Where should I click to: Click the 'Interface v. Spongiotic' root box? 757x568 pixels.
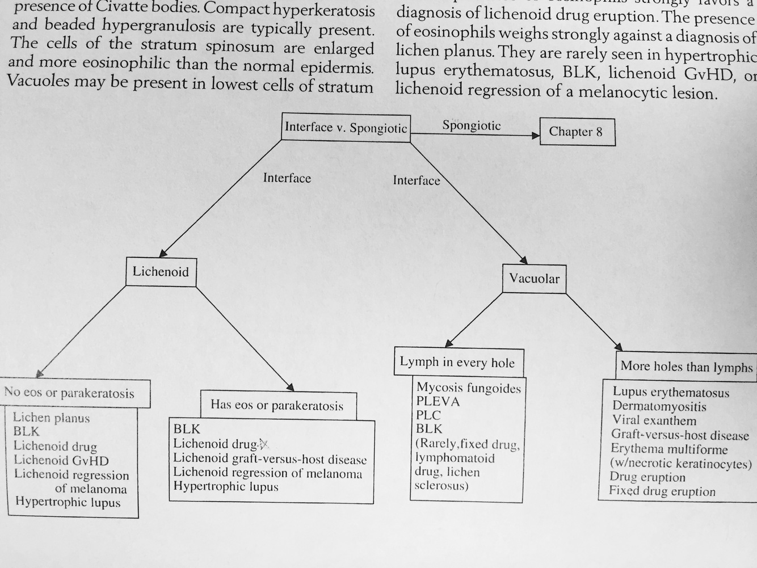pyautogui.click(x=346, y=127)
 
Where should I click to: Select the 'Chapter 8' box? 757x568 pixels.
pyautogui.click(x=576, y=132)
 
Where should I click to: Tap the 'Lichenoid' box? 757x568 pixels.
pyautogui.click(x=161, y=271)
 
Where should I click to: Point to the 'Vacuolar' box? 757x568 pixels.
pyautogui.click(x=534, y=279)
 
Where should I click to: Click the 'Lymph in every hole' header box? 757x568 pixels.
pyautogui.click(x=457, y=362)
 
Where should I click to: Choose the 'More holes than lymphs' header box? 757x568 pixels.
pyautogui.click(x=686, y=367)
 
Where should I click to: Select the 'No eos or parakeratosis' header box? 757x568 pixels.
pyautogui.click(x=69, y=393)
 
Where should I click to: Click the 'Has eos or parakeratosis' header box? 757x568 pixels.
pyautogui.click(x=277, y=405)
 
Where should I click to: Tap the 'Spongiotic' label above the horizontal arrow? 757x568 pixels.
pyautogui.click(x=471, y=125)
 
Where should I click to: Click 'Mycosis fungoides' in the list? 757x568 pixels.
pyautogui.click(x=468, y=388)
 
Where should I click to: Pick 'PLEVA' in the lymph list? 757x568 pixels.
pyautogui.click(x=438, y=402)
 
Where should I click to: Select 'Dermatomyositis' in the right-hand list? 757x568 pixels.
pyautogui.click(x=659, y=406)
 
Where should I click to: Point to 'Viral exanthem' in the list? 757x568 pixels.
pyautogui.click(x=654, y=420)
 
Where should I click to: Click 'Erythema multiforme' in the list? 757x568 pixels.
pyautogui.click(x=668, y=449)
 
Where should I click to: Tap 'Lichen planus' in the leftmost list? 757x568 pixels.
pyautogui.click(x=51, y=418)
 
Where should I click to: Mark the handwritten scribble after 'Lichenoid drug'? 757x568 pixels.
pyautogui.click(x=263, y=444)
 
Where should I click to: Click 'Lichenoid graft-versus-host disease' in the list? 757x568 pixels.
pyautogui.click(x=270, y=458)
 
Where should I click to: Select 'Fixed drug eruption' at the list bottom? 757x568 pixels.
pyautogui.click(x=662, y=491)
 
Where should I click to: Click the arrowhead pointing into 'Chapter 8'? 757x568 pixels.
pyautogui.click(x=535, y=136)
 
